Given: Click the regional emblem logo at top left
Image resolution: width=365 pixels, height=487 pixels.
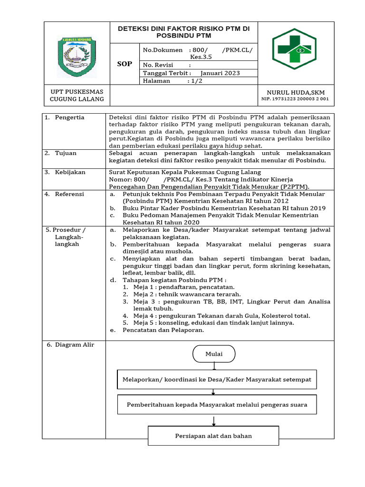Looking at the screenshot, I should (x=77, y=56).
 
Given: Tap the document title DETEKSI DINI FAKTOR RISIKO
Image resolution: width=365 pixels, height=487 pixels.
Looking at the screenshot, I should (x=183, y=32).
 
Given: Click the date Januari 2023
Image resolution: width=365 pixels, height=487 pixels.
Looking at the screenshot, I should (x=220, y=73).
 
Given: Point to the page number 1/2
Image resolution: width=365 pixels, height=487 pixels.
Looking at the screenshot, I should (x=195, y=81).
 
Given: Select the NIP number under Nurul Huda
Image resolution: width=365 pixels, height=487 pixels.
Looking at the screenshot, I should (x=295, y=99).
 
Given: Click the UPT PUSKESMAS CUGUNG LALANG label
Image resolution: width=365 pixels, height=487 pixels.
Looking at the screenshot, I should (x=77, y=96).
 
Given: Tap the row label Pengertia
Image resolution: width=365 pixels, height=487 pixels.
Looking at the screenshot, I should (x=69, y=117).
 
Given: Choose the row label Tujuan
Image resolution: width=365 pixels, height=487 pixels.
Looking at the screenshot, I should (x=66, y=154).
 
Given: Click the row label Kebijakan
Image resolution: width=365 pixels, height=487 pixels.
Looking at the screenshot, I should (x=70, y=172).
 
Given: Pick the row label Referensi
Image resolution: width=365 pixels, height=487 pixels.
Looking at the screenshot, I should (x=69, y=195).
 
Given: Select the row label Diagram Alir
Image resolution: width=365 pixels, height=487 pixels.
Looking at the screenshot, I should (x=70, y=345).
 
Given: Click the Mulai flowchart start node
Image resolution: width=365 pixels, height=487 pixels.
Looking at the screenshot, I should (x=213, y=354).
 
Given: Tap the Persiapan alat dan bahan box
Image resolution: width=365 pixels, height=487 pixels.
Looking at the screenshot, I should (x=213, y=436).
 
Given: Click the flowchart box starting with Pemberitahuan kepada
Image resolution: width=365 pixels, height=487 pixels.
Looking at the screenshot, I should (x=217, y=405).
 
